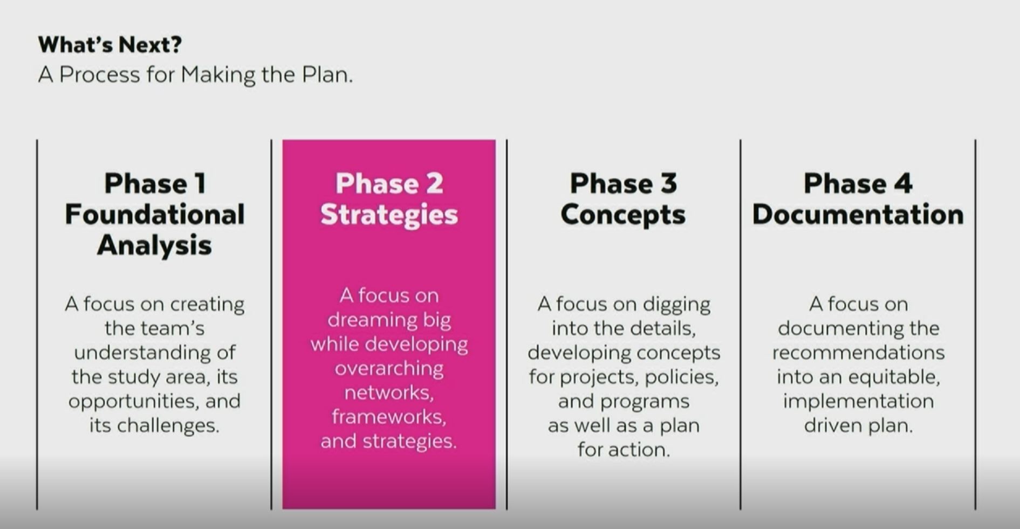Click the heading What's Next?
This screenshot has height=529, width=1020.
[110, 45]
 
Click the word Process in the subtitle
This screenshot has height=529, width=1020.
[99, 74]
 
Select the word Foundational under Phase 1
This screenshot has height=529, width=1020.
[155, 214]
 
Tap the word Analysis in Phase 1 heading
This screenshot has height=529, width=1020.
[154, 245]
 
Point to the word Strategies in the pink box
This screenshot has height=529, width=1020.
[389, 215]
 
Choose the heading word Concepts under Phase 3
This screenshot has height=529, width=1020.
[623, 215]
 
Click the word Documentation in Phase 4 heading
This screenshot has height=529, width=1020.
[858, 214]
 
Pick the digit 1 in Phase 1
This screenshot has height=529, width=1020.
[200, 183]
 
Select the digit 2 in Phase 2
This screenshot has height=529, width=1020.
[434, 183]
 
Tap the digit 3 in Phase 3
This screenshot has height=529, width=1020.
[668, 183]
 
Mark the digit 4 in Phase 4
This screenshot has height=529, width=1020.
[903, 183]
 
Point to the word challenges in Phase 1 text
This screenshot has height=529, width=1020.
[168, 425]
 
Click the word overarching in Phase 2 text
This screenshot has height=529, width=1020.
[389, 369]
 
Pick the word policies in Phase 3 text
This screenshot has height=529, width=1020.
[682, 377]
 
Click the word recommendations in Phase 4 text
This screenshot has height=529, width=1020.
[858, 353]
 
